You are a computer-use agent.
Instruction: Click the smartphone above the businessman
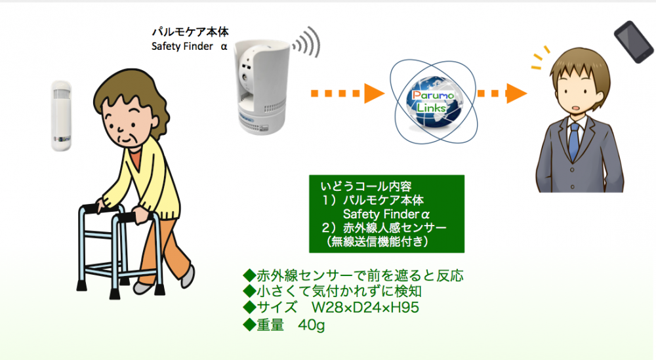click(634, 42)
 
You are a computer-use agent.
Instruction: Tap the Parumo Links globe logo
click(433, 102)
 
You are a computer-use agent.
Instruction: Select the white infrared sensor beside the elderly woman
click(61, 116)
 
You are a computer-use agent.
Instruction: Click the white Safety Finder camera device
click(262, 87)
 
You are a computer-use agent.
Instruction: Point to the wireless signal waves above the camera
click(307, 43)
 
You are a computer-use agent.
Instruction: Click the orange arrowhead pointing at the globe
click(374, 93)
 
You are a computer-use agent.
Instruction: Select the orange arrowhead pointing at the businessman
click(516, 93)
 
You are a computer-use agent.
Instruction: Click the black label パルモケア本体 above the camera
click(190, 31)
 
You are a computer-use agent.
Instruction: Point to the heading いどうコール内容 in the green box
click(365, 186)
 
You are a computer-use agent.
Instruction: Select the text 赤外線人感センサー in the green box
click(394, 228)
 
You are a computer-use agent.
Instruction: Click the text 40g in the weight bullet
click(311, 325)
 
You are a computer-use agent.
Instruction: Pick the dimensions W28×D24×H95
click(365, 308)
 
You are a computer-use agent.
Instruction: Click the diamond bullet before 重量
click(249, 325)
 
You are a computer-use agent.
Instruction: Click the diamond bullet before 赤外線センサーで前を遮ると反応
click(249, 275)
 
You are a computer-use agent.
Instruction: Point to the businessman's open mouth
click(576, 108)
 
